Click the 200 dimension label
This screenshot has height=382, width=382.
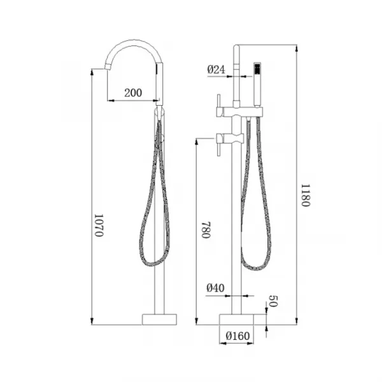coord(133,93)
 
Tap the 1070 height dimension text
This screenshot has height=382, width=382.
coord(99,225)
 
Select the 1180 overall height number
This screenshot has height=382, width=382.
coord(305,195)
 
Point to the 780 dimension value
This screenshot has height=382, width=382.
coord(206,230)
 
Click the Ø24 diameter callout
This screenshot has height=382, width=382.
coord(216,69)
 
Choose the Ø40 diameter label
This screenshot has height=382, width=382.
coord(215,288)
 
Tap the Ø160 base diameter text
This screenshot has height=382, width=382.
coord(237,336)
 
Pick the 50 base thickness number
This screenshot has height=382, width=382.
coord(273,301)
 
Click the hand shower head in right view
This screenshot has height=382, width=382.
coord(257,84)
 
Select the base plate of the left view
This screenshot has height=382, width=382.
coord(159,320)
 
